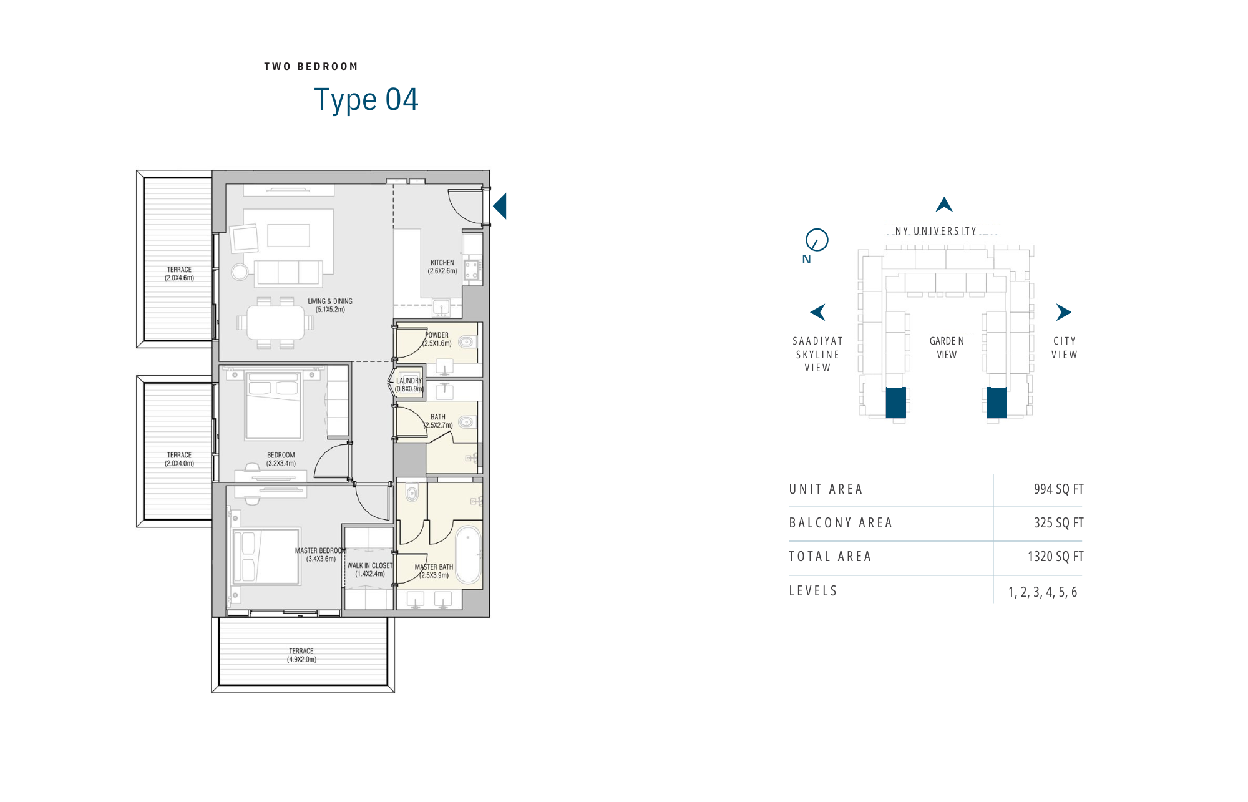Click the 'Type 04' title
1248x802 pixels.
pyautogui.click(x=366, y=100)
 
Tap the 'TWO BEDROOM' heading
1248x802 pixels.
pyautogui.click(x=311, y=67)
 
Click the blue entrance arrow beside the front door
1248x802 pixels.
pyautogui.click(x=500, y=206)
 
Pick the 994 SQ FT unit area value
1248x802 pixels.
pyautogui.click(x=1058, y=489)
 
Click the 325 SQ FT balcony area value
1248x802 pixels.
pyautogui.click(x=1058, y=523)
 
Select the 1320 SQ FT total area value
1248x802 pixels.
pyautogui.click(x=1055, y=557)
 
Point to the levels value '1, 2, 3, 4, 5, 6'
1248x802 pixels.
pyautogui.click(x=1043, y=592)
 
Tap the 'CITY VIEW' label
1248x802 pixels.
pyautogui.click(x=1064, y=348)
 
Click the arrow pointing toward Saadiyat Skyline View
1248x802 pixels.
pyautogui.click(x=817, y=312)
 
